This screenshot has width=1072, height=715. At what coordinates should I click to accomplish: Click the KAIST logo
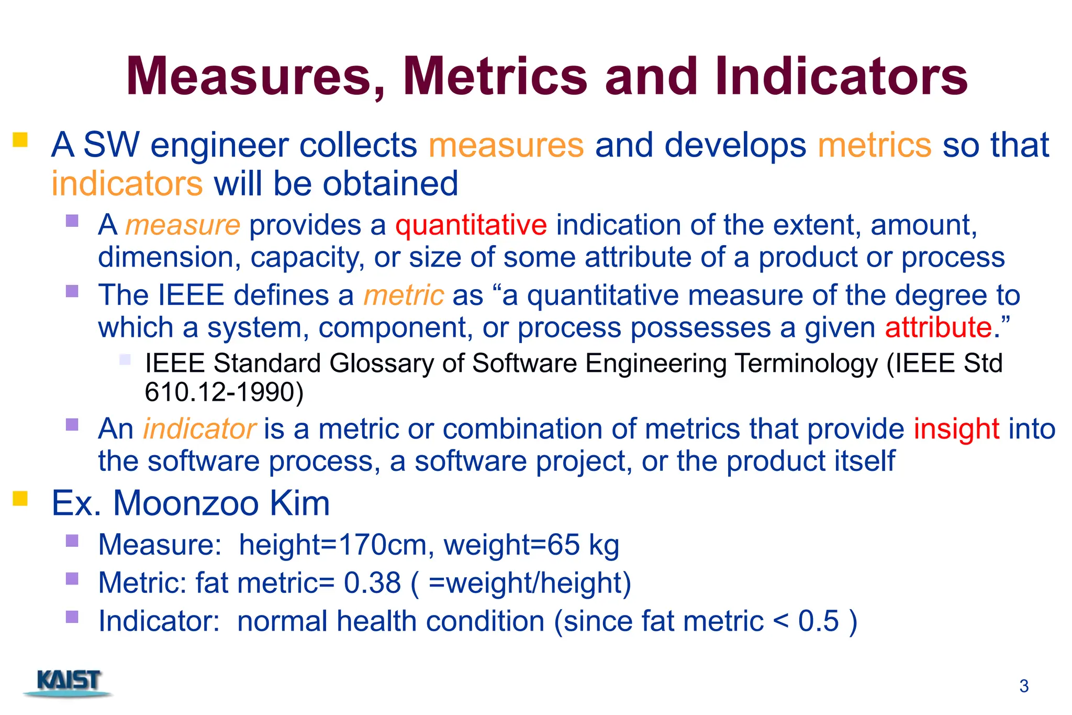(x=69, y=683)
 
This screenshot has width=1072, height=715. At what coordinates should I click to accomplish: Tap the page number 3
(x=1024, y=686)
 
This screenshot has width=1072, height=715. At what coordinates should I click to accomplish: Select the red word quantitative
(x=471, y=225)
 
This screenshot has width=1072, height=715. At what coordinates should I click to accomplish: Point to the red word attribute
(x=939, y=327)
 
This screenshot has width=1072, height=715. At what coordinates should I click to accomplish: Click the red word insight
(x=956, y=429)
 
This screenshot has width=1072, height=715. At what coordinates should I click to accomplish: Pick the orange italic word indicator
(x=199, y=429)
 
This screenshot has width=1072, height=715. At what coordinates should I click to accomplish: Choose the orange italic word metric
(x=404, y=295)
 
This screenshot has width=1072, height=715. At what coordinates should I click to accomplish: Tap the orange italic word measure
(x=183, y=225)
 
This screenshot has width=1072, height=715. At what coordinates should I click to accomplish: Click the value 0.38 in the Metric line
(x=372, y=583)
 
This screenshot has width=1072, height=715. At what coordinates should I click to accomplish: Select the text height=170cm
(x=333, y=545)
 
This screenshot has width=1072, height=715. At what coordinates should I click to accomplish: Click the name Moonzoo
(x=186, y=503)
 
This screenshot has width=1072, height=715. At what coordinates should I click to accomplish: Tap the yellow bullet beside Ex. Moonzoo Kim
(x=20, y=498)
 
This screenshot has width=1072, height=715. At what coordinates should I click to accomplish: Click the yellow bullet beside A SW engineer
(x=20, y=140)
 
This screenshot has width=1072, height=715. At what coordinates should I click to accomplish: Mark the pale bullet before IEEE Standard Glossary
(x=125, y=359)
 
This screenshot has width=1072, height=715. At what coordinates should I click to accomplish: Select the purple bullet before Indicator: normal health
(x=72, y=617)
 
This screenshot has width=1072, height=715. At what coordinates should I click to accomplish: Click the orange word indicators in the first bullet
(x=127, y=184)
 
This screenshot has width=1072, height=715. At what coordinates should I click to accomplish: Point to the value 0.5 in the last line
(x=819, y=621)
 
